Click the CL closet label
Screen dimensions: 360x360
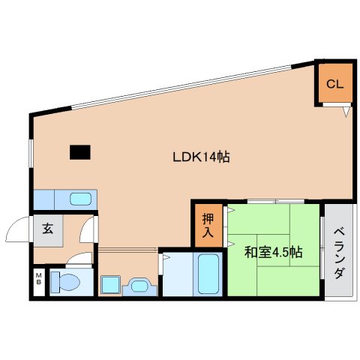tap(334, 84)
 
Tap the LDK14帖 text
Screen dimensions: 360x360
tap(201, 157)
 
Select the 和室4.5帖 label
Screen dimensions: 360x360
tap(274, 252)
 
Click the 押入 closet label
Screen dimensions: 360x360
tap(208, 226)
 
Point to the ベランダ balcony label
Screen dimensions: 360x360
tap(339, 253)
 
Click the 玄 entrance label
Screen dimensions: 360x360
tap(47, 228)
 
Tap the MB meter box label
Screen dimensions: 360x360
tap(39, 279)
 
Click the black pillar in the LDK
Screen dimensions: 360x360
tap(80, 152)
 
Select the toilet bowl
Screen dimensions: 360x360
tap(65, 282)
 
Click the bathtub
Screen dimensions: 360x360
tap(208, 274)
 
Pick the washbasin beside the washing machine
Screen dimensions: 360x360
tap(140, 286)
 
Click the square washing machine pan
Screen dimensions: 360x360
tap(110, 284)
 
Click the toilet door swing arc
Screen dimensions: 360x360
tap(79, 258)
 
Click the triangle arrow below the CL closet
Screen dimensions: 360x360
tap(346, 112)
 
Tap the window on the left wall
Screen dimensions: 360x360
tap(31, 153)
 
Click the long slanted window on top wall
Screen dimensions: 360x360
tap(181, 87)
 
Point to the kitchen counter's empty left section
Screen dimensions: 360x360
tap(44, 199)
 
